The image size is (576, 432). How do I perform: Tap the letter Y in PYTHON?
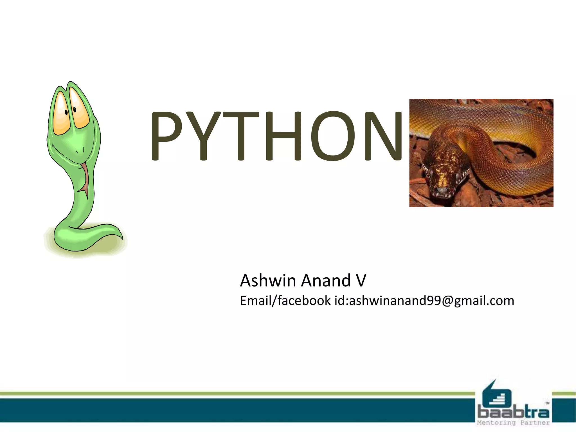[204, 136]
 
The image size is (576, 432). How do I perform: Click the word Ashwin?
[268, 281]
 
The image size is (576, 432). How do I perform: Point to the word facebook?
[304, 300]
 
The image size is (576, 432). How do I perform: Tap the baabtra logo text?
[513, 413]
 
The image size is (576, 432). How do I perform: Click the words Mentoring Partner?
[513, 422]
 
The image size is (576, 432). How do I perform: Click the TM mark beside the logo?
[547, 403]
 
